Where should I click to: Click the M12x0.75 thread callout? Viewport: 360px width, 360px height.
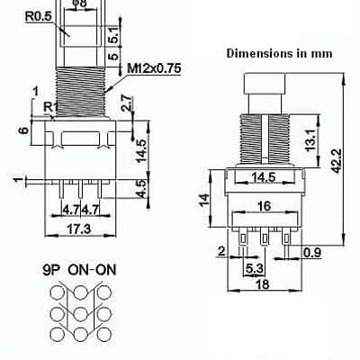click(155, 68)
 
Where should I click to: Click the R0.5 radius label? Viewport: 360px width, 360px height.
click(39, 16)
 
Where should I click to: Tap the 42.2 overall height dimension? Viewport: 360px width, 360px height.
click(337, 160)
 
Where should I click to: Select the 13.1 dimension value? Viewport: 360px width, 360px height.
click(311, 139)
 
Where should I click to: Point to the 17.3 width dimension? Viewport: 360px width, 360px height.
click(78, 229)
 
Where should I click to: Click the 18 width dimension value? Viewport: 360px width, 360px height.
click(263, 283)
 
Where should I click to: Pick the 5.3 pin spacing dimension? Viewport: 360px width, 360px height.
click(254, 268)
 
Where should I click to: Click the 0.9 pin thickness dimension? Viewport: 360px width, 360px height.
click(312, 253)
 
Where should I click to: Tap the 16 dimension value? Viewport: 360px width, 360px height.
click(264, 206)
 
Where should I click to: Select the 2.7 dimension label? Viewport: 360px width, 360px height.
click(126, 103)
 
